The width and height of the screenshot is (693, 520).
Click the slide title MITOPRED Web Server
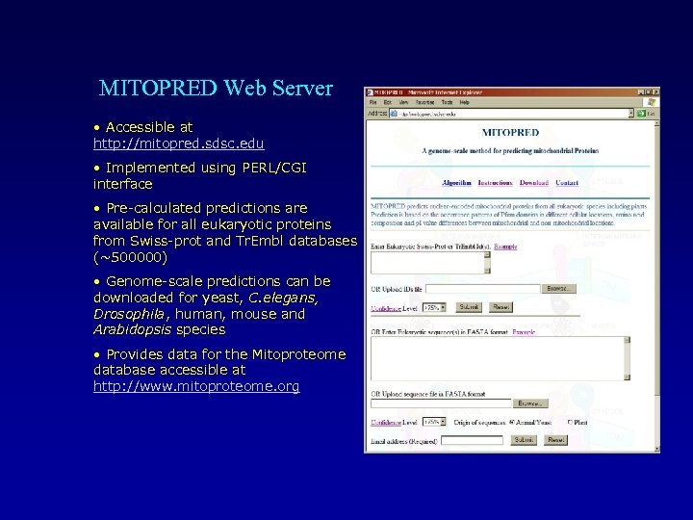216,89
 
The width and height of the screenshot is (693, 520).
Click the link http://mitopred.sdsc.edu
178,143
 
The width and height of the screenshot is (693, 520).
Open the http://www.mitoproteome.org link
196,386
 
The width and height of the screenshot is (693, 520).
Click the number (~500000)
130,257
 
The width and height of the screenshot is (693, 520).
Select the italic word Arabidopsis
132,329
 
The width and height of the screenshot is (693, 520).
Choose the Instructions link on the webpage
495,183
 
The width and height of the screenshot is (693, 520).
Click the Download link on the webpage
533,183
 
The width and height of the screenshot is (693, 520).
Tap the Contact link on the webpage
567,183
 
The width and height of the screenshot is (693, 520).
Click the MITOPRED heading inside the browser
510,132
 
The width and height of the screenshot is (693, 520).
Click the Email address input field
471,440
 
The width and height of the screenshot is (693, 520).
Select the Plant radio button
570,422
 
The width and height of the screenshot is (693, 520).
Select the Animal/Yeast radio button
514,422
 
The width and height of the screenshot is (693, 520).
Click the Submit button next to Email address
524,440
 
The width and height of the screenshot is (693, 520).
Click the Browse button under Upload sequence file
528,403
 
